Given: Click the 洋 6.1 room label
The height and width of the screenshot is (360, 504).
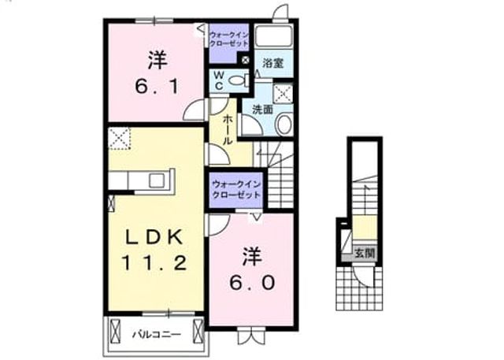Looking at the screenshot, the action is tap(157, 73).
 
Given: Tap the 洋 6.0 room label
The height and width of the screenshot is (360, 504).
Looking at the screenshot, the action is tap(252, 269).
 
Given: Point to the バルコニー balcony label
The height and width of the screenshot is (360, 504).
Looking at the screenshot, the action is tap(157, 335).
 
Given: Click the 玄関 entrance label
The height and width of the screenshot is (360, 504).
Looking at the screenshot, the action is tap(365, 254).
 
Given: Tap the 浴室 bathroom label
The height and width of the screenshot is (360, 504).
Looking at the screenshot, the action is tap(273, 63).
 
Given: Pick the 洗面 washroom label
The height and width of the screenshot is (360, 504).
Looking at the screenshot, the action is tap(262, 109).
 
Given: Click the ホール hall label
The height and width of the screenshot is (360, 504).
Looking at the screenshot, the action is tap(228, 129).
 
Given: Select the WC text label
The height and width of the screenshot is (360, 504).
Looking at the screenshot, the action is tap(219, 80).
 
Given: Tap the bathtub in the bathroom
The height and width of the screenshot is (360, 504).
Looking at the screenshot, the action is tap(273, 36).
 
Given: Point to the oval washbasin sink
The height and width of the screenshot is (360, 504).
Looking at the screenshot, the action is tap(283, 124).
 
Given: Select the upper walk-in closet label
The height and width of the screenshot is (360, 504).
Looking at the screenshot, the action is tap(229, 39).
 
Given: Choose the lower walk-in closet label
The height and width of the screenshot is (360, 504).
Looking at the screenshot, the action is tap(236, 190).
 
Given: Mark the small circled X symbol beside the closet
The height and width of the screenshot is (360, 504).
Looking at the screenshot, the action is tap(246, 59).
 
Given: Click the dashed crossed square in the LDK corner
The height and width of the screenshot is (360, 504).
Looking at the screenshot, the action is tap(120, 138).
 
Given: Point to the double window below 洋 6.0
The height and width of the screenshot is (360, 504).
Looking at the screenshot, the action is tap(252, 335).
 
